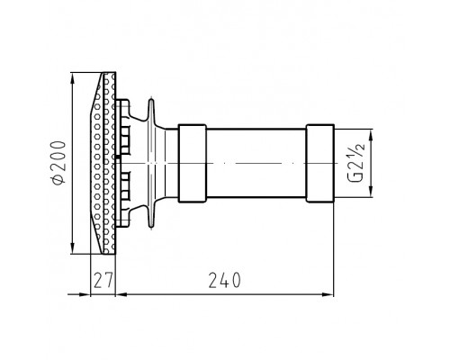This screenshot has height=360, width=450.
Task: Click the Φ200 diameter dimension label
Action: [58, 162]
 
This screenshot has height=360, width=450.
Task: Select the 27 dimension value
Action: [103, 280]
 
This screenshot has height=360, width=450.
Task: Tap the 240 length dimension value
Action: [225, 280]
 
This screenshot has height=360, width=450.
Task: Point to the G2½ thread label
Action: [356, 163]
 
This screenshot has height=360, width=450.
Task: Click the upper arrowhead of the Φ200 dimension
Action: [72, 79]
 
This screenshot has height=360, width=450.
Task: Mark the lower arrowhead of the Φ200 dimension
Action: [72, 247]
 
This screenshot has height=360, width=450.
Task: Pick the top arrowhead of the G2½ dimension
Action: [371, 136]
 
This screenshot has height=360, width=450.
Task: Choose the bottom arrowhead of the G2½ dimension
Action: [371, 191]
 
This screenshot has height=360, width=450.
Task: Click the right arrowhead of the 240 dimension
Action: [327, 294]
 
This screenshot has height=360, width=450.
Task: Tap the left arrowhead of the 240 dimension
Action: [122, 294]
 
